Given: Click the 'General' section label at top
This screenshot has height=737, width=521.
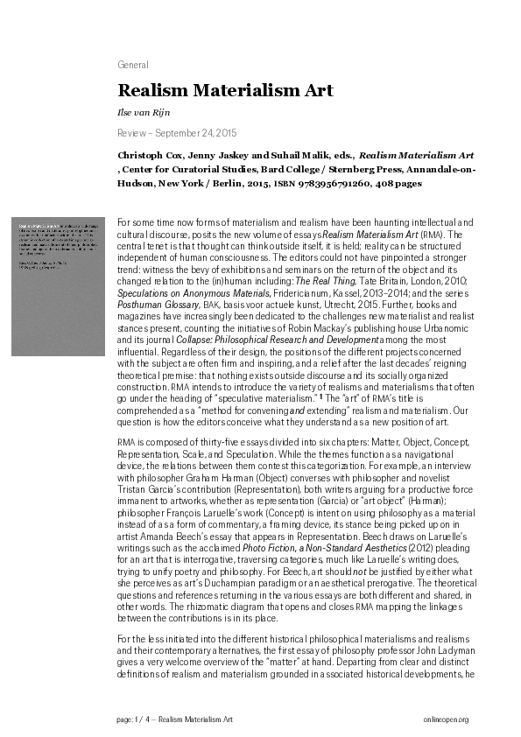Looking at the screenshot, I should (x=132, y=65).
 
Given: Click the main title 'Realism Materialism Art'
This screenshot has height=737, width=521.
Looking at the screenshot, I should (x=225, y=90).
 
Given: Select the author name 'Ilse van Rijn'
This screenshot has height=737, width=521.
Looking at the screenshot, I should (x=145, y=113).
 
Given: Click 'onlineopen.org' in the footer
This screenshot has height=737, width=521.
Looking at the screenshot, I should (x=445, y=719).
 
